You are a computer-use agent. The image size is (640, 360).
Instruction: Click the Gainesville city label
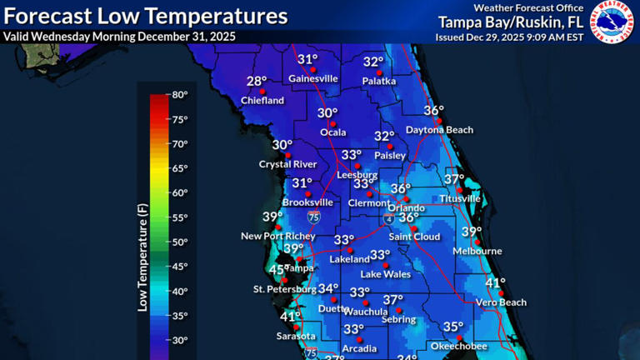point(313,78)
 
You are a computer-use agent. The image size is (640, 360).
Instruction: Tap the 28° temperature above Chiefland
point(257,82)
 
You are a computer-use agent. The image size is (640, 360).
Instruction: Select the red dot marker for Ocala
point(332,123)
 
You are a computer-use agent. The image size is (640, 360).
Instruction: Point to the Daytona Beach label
point(439,130)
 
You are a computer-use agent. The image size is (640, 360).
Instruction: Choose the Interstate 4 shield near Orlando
point(389,217)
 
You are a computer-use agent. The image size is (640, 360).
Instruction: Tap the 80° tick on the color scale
point(180,95)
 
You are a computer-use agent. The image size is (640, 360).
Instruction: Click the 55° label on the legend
point(180,217)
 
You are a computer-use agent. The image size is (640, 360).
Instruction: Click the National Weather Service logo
point(612,22)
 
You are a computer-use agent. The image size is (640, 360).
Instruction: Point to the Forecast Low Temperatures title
point(146,16)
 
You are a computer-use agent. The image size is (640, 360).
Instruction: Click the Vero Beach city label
point(501,302)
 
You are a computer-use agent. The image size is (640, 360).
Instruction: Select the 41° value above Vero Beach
point(495,283)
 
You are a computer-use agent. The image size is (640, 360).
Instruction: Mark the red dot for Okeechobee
point(457,337)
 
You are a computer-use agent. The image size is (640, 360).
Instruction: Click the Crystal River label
point(288,164)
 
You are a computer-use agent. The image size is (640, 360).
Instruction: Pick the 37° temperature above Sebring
point(392,300)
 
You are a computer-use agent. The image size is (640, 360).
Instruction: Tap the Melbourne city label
point(477,251)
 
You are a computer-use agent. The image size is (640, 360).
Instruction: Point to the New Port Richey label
point(278,237)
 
